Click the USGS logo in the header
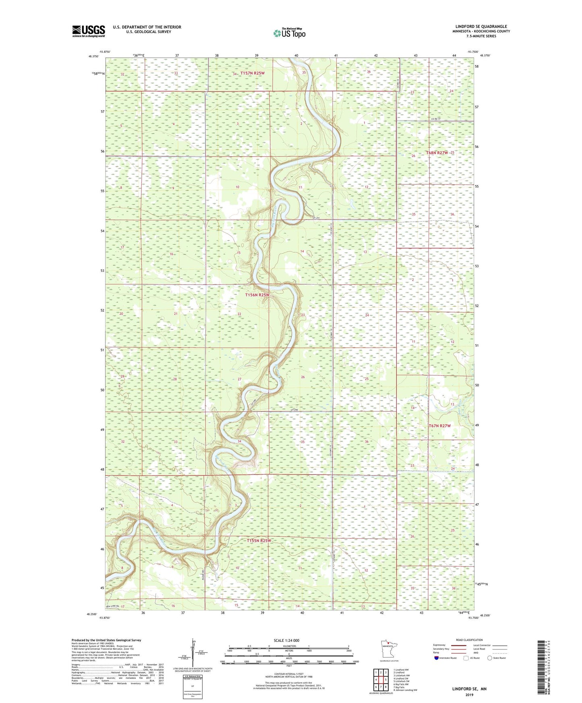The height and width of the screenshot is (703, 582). pos(88,31)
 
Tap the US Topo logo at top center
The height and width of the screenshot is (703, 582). pos(289,33)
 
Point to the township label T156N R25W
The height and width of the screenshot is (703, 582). pos(257,295)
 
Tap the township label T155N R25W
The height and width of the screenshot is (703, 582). pos(259,541)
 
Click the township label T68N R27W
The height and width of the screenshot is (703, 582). pos(437,153)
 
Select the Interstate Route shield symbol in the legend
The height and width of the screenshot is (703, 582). pos(437,658)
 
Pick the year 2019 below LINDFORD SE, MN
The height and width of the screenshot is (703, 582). pos(469,695)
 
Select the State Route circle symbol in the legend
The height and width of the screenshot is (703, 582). pos(490,658)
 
